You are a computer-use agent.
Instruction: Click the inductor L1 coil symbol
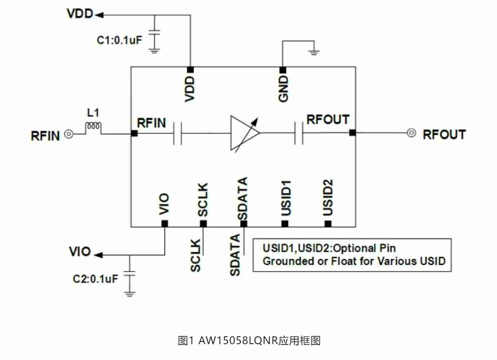coord(93,128)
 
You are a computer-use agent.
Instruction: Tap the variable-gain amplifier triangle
coord(244,133)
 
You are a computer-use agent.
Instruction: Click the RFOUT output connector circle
coord(412,133)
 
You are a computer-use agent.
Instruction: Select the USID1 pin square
coord(285,223)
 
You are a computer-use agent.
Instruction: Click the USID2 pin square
coord(328,223)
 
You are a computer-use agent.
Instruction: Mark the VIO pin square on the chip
coord(164,223)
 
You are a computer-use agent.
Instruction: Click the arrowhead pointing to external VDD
coord(100,15)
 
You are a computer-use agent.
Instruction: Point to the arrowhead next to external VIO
coord(98,255)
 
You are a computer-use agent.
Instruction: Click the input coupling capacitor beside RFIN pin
coord(177,133)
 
